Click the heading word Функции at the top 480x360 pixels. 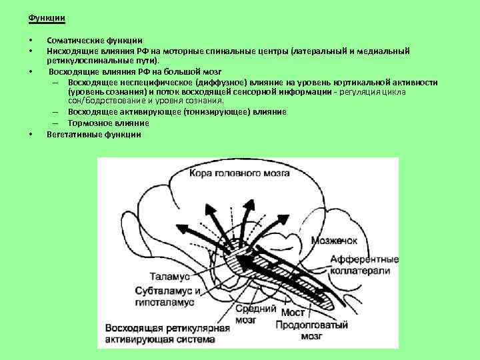42,17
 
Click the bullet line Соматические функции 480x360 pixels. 94,41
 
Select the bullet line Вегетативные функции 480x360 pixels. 94,134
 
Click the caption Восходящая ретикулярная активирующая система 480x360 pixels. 167,333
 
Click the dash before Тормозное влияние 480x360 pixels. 54,123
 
